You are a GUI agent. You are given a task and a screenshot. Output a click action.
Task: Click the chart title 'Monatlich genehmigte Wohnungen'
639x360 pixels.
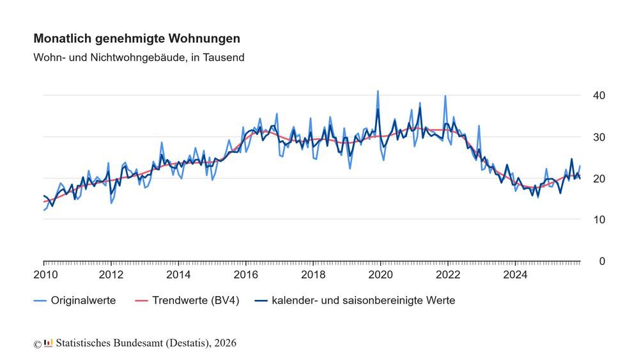click(x=137, y=39)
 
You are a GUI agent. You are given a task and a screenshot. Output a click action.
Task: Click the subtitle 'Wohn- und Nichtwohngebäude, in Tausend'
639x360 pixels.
click(x=139, y=58)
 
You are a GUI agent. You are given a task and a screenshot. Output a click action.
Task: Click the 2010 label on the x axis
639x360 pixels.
click(x=44, y=276)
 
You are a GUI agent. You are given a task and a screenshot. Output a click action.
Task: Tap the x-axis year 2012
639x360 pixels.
click(x=111, y=276)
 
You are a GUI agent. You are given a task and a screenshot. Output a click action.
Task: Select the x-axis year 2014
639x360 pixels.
click(x=178, y=276)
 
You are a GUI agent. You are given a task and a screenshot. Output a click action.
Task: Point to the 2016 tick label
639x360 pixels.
click(x=246, y=276)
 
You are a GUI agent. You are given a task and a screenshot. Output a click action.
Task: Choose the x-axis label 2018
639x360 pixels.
click(x=313, y=276)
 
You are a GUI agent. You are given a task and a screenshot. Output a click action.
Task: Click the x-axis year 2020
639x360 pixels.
click(x=381, y=276)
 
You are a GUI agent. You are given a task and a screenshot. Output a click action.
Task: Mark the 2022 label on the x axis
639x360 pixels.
click(x=448, y=276)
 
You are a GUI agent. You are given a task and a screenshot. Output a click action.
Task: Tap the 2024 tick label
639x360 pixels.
click(x=515, y=276)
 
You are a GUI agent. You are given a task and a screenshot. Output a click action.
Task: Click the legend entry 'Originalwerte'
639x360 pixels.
click(x=83, y=300)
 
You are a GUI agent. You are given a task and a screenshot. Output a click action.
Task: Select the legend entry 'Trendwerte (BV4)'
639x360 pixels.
click(x=196, y=300)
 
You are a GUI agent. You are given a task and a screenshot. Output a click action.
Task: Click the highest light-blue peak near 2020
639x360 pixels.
click(x=378, y=91)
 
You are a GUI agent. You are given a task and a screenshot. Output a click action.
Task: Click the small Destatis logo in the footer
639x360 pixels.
click(x=49, y=343)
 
